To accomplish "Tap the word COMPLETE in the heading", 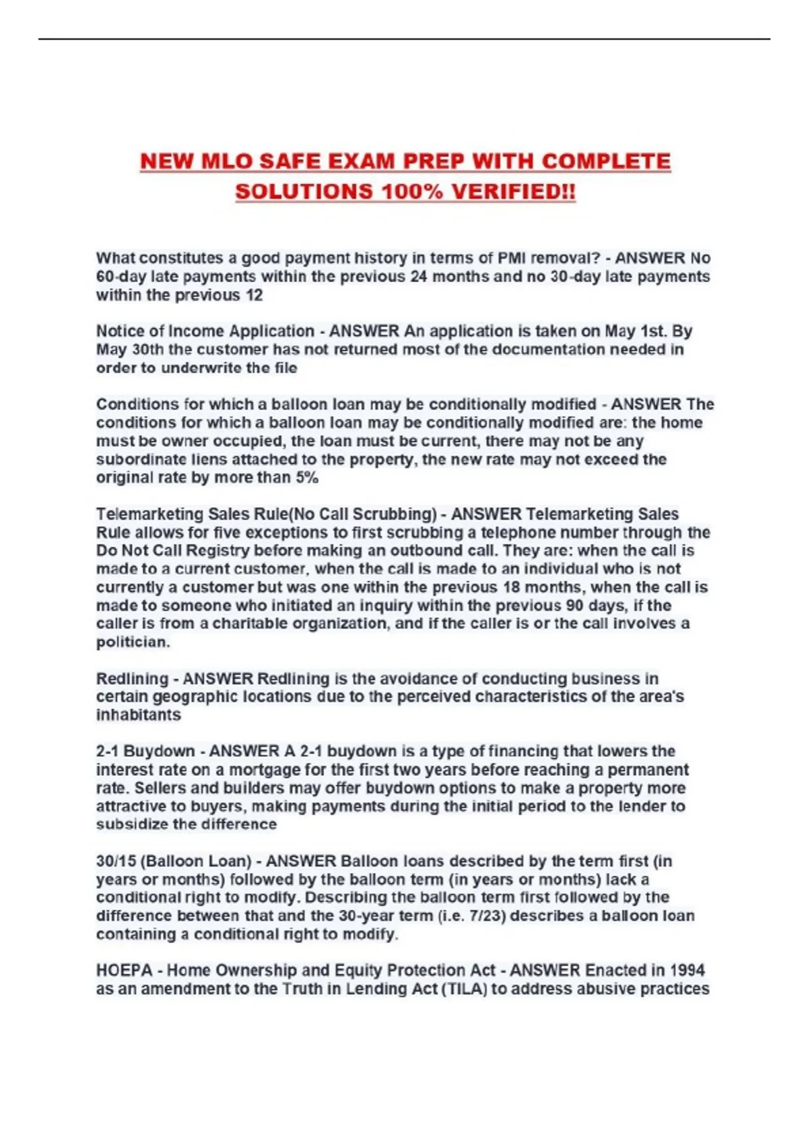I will pyautogui.click(x=606, y=162).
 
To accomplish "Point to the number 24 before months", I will pyautogui.click(x=419, y=277).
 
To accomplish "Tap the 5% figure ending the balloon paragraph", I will pyautogui.click(x=307, y=478).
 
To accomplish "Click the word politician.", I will pyautogui.click(x=133, y=642).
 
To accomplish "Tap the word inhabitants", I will pyautogui.click(x=138, y=715).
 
